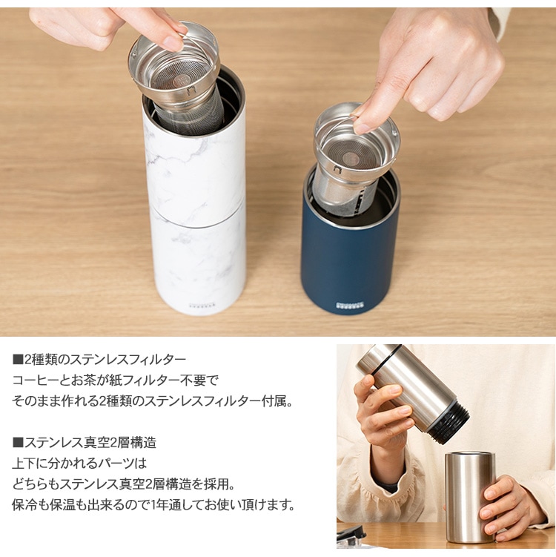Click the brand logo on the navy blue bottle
pyautogui.click(x=349, y=304)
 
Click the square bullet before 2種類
pyautogui.click(x=18, y=360)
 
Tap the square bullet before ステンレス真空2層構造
pyautogui.click(x=18, y=443)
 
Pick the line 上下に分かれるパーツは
pyautogui.click(x=79, y=464)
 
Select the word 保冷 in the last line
pyautogui.click(x=24, y=505)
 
